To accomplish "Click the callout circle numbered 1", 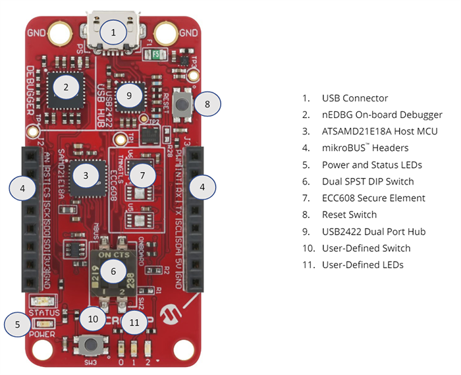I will pos(113,32).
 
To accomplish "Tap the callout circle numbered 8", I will pos(207,103).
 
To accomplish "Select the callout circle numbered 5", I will pos(17,324).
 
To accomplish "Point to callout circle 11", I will pos(135,322).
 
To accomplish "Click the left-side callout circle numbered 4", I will pos(22,188).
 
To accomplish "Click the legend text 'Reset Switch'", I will pos(349,214).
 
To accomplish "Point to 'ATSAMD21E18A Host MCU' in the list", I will pos(379,131).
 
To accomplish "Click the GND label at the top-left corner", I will pos(36,32).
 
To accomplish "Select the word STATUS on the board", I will pos(45,312).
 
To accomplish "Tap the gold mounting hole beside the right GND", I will pos(166,32).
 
